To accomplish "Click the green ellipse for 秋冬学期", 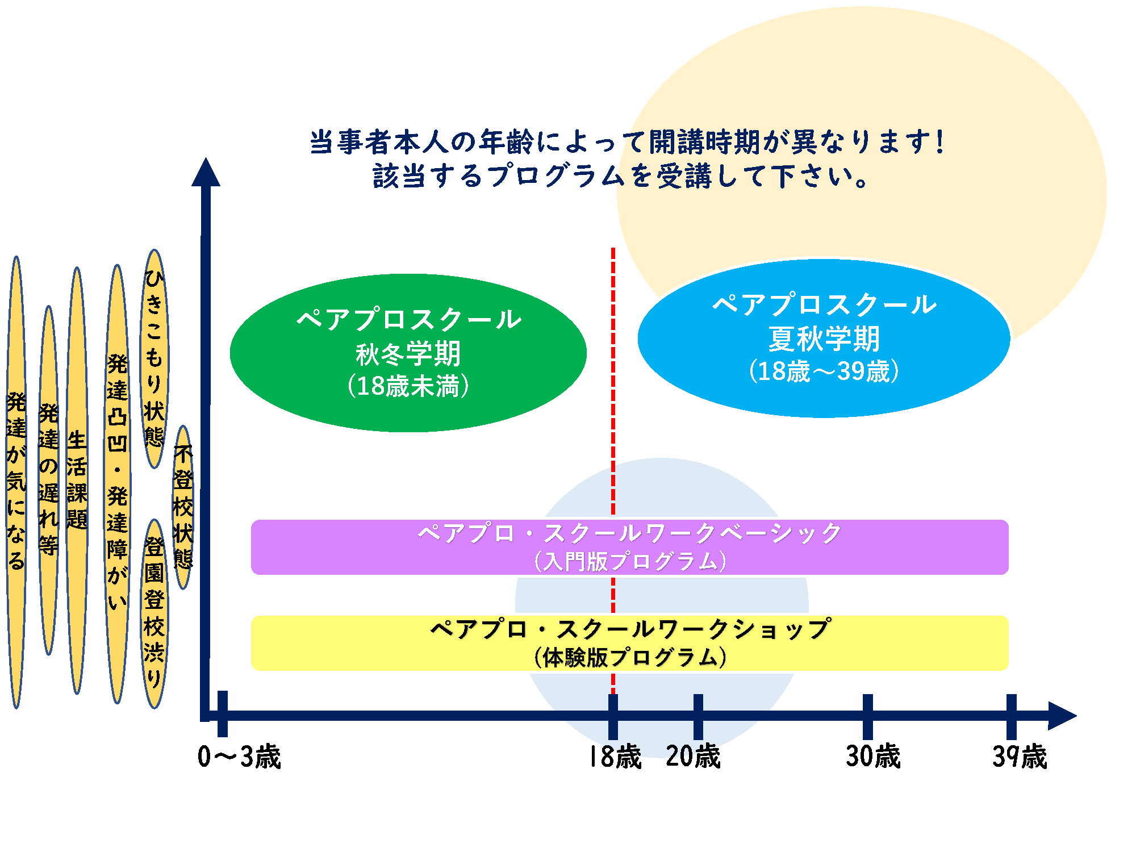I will pos(408,352).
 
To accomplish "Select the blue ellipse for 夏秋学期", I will pos(824,339).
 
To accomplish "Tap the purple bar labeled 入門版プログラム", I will pos(629,547).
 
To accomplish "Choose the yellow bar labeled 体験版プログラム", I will pos(629,643).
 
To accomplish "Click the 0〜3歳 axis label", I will pos(239,757).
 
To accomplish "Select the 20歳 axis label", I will pos(693,757).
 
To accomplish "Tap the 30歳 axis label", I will pos(873,757).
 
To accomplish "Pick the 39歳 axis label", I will pos(1020,757).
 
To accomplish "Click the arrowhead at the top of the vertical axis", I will pos(206,173).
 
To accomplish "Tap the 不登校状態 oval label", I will pos(183,507).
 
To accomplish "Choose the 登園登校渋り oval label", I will pos(154,613).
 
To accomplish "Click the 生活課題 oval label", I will pos(77,481).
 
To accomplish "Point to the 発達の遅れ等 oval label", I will pos(49,481).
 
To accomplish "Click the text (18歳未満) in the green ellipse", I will pos(408,386).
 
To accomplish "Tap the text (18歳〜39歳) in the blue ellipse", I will pos(824,371).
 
